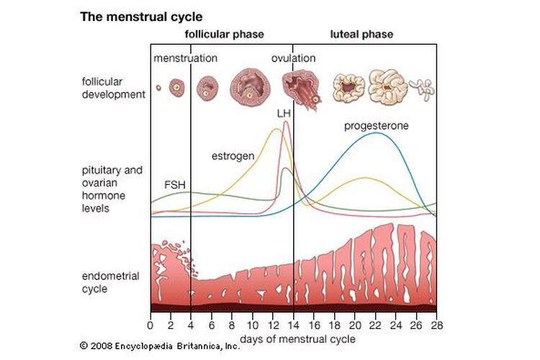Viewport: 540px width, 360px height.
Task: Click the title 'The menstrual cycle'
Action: [x=141, y=17]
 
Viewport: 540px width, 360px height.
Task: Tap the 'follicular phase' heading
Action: [x=224, y=35]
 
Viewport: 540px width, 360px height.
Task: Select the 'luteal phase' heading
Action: [x=361, y=35]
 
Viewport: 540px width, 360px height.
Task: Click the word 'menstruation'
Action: [x=185, y=58]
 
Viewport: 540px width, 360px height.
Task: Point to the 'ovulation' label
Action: [x=294, y=58]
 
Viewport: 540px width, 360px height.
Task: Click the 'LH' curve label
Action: [x=284, y=114]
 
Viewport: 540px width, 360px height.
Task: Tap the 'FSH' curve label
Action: [x=175, y=185]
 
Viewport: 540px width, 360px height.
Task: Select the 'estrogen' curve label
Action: [x=233, y=156]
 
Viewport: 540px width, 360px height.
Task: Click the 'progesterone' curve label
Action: [x=377, y=126]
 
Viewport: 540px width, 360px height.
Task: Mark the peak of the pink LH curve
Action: [x=286, y=121]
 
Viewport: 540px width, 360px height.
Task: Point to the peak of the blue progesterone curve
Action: [x=375, y=133]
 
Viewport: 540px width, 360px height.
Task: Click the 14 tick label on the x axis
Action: [x=294, y=325]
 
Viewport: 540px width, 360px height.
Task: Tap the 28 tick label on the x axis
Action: [x=437, y=325]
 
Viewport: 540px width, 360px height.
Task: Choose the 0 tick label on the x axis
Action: [x=150, y=325]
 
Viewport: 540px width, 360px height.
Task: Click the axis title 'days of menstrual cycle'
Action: [x=297, y=339]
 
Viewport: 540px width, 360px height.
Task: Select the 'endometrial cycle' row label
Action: [x=111, y=282]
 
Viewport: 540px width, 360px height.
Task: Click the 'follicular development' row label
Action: [x=114, y=88]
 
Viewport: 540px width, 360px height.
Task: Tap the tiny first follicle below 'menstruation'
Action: [x=158, y=88]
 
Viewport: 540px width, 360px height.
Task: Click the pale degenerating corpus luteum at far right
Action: [x=422, y=89]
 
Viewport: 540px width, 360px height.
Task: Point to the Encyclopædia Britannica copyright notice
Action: [x=160, y=346]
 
